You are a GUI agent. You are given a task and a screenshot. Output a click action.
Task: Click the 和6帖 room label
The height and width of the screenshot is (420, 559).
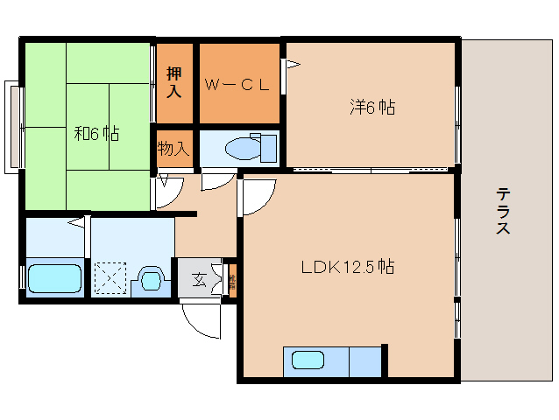tap(96, 134)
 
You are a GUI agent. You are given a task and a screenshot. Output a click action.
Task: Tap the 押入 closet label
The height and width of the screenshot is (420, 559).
tap(174, 83)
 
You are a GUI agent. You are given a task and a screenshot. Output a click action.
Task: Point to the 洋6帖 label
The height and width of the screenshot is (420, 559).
tap(372, 108)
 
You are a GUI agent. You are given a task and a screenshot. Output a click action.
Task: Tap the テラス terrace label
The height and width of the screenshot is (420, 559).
tap(503, 212)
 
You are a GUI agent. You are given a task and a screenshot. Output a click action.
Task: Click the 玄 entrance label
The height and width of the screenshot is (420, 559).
tap(199, 280)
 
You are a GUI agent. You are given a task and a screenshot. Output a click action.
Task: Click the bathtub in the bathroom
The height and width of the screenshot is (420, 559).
tap(53, 279)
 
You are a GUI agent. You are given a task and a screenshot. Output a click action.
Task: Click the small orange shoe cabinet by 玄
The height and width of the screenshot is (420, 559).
tap(231, 281)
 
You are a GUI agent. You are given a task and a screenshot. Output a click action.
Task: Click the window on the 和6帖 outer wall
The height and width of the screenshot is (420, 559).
tap(13, 125)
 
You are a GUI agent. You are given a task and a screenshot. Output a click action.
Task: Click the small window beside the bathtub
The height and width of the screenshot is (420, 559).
tap(22, 276)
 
